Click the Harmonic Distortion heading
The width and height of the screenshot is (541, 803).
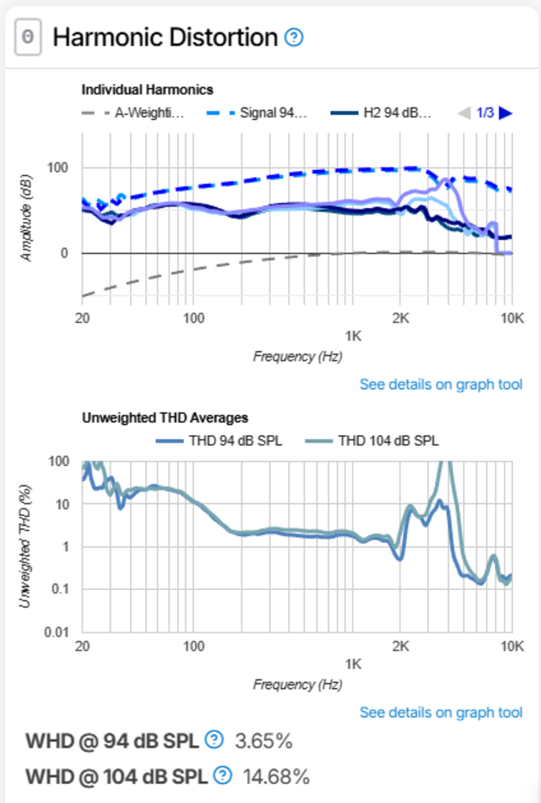tap(165, 37)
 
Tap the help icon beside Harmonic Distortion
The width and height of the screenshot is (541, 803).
tap(294, 37)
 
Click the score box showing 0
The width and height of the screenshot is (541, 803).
tap(28, 37)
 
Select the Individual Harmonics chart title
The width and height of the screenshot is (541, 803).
tap(147, 90)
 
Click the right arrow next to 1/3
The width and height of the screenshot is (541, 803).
tap(505, 113)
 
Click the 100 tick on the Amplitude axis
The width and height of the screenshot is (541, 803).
tap(58, 168)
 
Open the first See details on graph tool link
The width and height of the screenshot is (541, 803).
tap(441, 384)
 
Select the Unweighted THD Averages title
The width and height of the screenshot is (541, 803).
tap(165, 418)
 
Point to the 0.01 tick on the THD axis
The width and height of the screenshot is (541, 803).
tap(57, 632)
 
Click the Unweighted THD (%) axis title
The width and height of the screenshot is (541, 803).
tap(25, 547)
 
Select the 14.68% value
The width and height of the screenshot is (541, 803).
tap(276, 777)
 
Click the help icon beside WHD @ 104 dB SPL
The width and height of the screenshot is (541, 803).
tap(223, 775)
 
